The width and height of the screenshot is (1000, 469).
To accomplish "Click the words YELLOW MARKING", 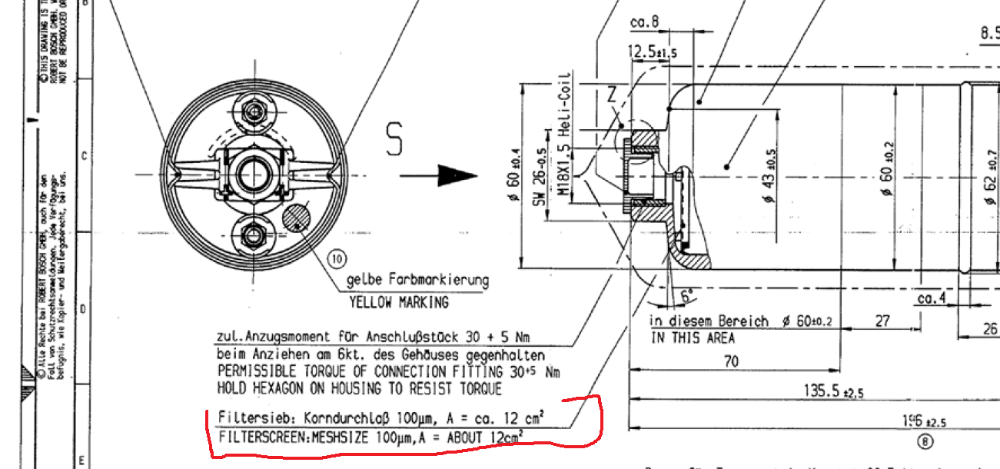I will [x=399, y=302].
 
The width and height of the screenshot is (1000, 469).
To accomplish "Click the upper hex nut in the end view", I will [x=255, y=113].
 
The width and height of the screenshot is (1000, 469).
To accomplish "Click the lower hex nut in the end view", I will [x=254, y=234].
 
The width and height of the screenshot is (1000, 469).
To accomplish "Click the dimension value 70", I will [x=730, y=361].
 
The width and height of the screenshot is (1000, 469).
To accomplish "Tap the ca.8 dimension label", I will [x=644, y=23].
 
